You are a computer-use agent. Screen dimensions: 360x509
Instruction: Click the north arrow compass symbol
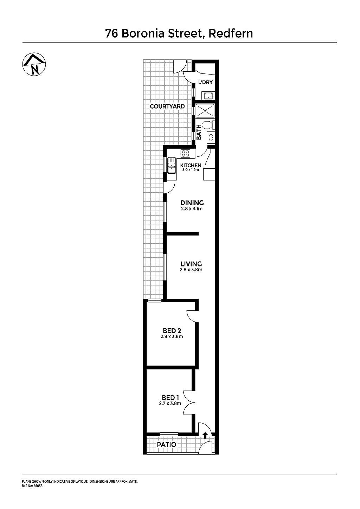[34, 64]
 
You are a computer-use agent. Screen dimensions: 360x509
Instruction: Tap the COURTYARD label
[167, 107]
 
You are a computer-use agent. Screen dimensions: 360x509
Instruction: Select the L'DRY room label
[205, 82]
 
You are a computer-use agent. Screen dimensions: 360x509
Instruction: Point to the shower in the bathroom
[205, 111]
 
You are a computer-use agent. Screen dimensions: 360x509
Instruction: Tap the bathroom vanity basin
[211, 137]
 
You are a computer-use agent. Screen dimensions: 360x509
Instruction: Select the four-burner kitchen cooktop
[186, 153]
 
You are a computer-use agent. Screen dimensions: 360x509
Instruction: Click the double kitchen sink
[172, 166]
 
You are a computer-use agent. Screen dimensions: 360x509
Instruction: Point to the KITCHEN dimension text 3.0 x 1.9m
[191, 170]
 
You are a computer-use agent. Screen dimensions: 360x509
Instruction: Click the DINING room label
[192, 203]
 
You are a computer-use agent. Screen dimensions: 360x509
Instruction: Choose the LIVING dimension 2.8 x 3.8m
[191, 270]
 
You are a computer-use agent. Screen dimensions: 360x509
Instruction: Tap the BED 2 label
[172, 331]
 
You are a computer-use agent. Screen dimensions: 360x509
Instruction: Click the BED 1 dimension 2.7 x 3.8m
[170, 404]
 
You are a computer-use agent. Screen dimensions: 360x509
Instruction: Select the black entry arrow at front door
[205, 435]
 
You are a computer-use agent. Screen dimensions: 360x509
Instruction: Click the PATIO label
[167, 444]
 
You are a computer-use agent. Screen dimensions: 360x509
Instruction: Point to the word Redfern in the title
[231, 34]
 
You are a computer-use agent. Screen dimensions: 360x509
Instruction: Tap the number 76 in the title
[111, 34]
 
